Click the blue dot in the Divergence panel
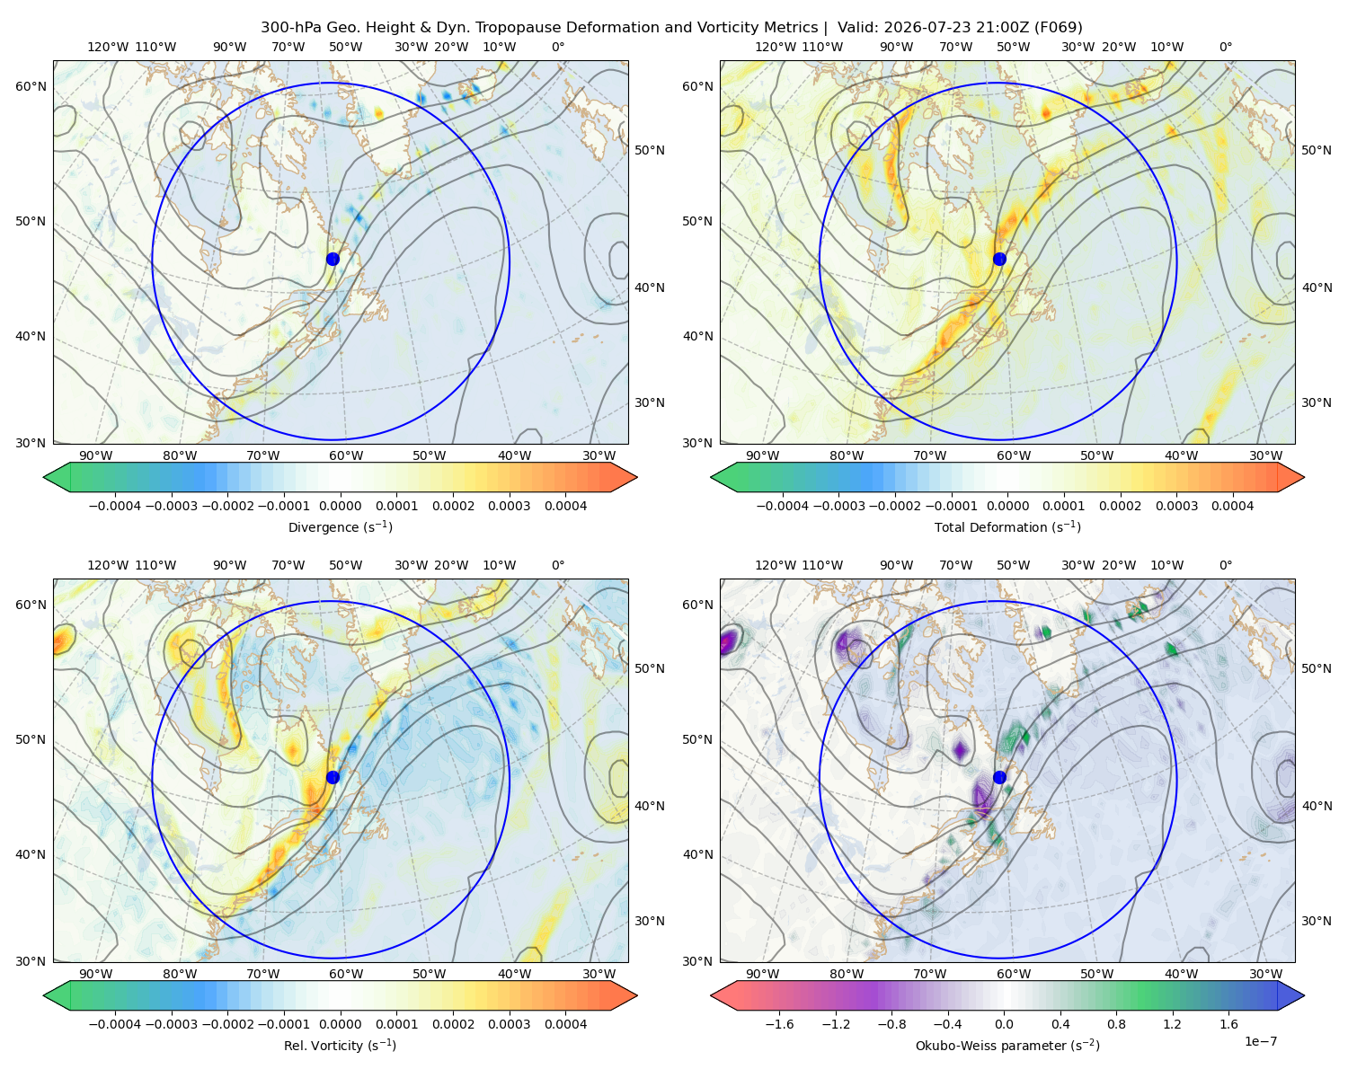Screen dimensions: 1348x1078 coord(333,259)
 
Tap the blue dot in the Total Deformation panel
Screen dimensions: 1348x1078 coord(999,259)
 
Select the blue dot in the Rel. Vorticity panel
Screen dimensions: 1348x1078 coord(333,777)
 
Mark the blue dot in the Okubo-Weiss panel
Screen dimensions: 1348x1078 coord(999,777)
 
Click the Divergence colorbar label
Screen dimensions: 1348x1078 coord(340,526)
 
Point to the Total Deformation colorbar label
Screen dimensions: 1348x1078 coord(1007,526)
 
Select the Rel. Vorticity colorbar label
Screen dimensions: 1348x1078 coord(340,1045)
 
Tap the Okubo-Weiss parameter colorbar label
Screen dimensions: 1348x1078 coord(1007,1045)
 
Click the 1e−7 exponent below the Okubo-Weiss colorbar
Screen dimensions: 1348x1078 coord(1260,1041)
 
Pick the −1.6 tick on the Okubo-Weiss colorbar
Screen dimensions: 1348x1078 coord(779,1024)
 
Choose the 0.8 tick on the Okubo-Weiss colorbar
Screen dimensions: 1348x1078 coord(1116,1024)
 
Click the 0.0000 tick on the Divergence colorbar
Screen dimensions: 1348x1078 coord(340,506)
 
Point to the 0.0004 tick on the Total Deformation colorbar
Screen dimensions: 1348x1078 coord(1232,506)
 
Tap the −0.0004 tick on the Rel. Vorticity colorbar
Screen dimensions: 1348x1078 coord(115,1024)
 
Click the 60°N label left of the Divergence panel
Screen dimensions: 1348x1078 coord(31,86)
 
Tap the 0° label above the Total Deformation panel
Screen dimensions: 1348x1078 coord(1225,47)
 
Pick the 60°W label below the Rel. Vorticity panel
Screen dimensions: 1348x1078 coord(346,974)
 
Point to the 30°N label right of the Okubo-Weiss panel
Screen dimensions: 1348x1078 coord(1317,921)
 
